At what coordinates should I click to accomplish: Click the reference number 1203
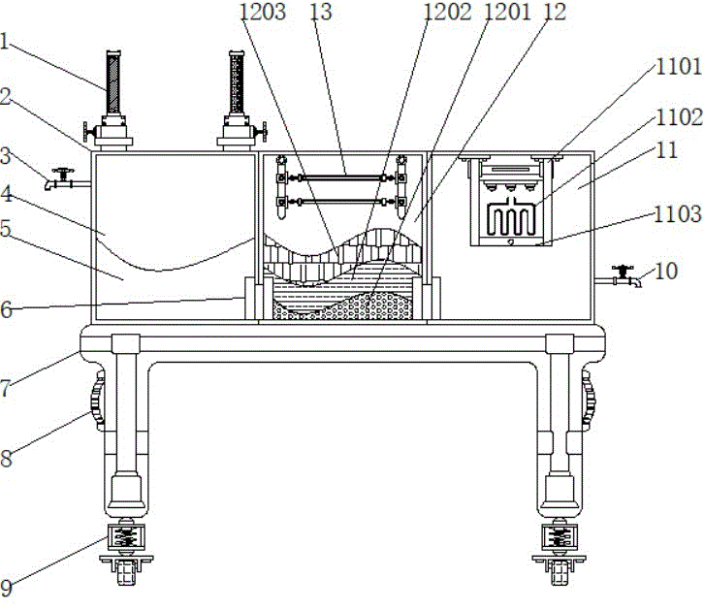pyautogui.click(x=263, y=12)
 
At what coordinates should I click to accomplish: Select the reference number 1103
pyautogui.click(x=678, y=214)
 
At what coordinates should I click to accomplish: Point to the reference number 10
pyautogui.click(x=666, y=271)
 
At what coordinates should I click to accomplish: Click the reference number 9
pyautogui.click(x=6, y=588)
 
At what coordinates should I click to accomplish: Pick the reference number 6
pyautogui.click(x=6, y=309)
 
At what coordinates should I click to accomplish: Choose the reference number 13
pyautogui.click(x=321, y=12)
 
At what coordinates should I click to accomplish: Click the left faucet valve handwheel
pyautogui.click(x=62, y=172)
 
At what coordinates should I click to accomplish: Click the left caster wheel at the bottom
pyautogui.click(x=126, y=573)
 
